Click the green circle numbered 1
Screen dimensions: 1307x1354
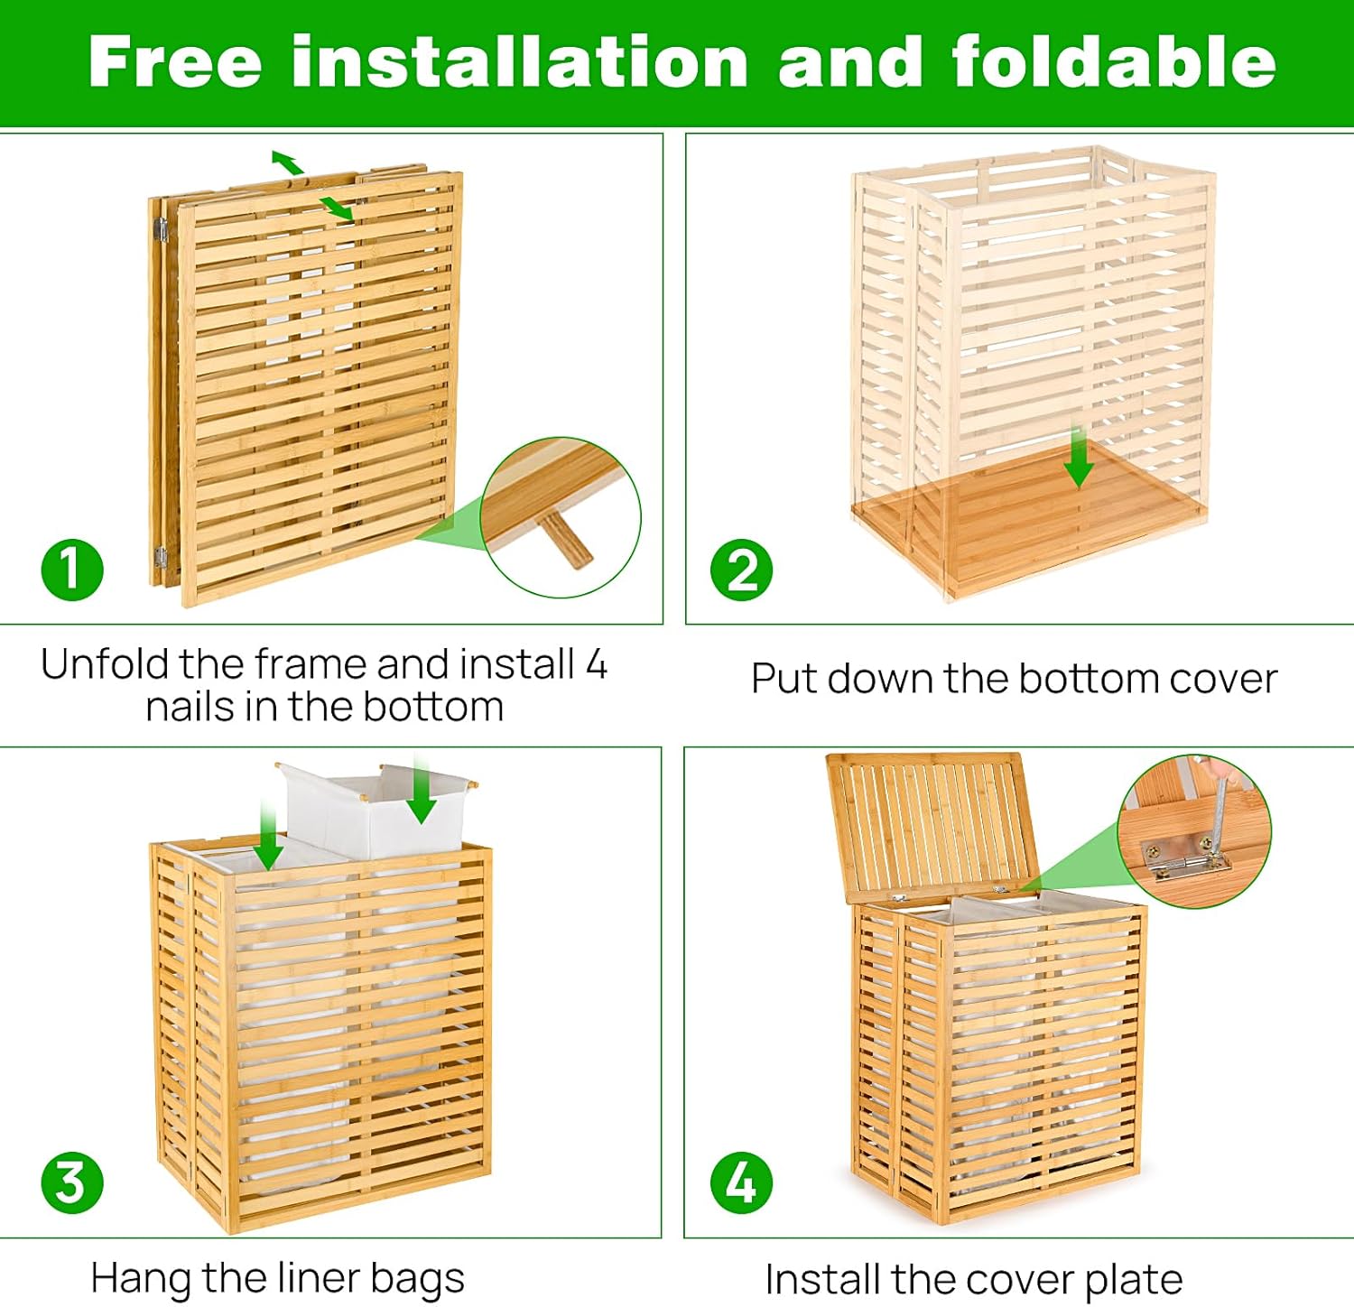(72, 570)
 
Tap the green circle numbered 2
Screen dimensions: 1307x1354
(741, 570)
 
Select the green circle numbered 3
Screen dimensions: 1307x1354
(72, 1182)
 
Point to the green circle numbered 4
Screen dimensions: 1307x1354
(741, 1182)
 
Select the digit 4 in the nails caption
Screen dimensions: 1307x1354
(596, 665)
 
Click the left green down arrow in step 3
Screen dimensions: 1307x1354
(267, 836)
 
